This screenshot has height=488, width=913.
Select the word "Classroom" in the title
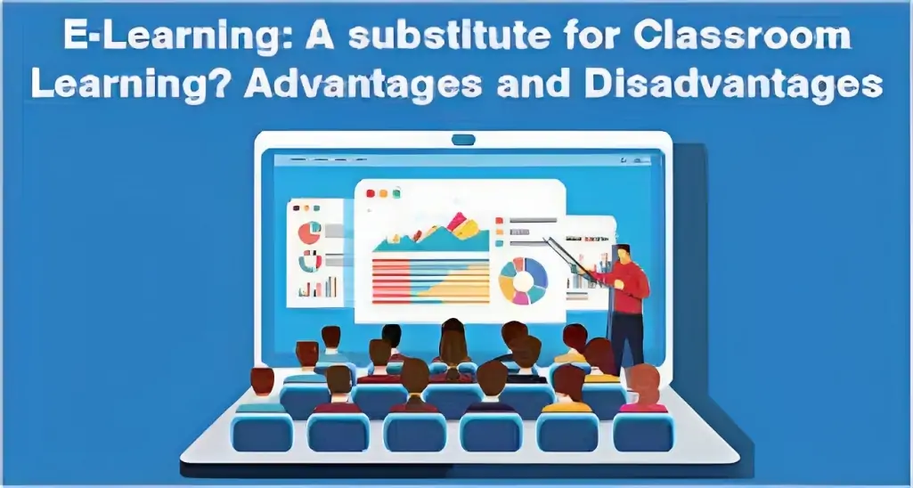pos(742,37)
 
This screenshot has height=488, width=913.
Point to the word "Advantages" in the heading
pos(363,85)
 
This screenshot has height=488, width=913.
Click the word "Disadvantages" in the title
pos(734,85)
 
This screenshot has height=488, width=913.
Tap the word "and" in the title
pos(534,85)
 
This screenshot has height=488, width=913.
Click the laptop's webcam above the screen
pos(463,140)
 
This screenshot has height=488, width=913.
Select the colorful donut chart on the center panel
pos(524,281)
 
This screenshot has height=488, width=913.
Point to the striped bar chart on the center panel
pos(430,281)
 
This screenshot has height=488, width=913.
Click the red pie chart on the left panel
pos(309,232)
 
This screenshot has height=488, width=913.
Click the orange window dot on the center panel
pos(383,193)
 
